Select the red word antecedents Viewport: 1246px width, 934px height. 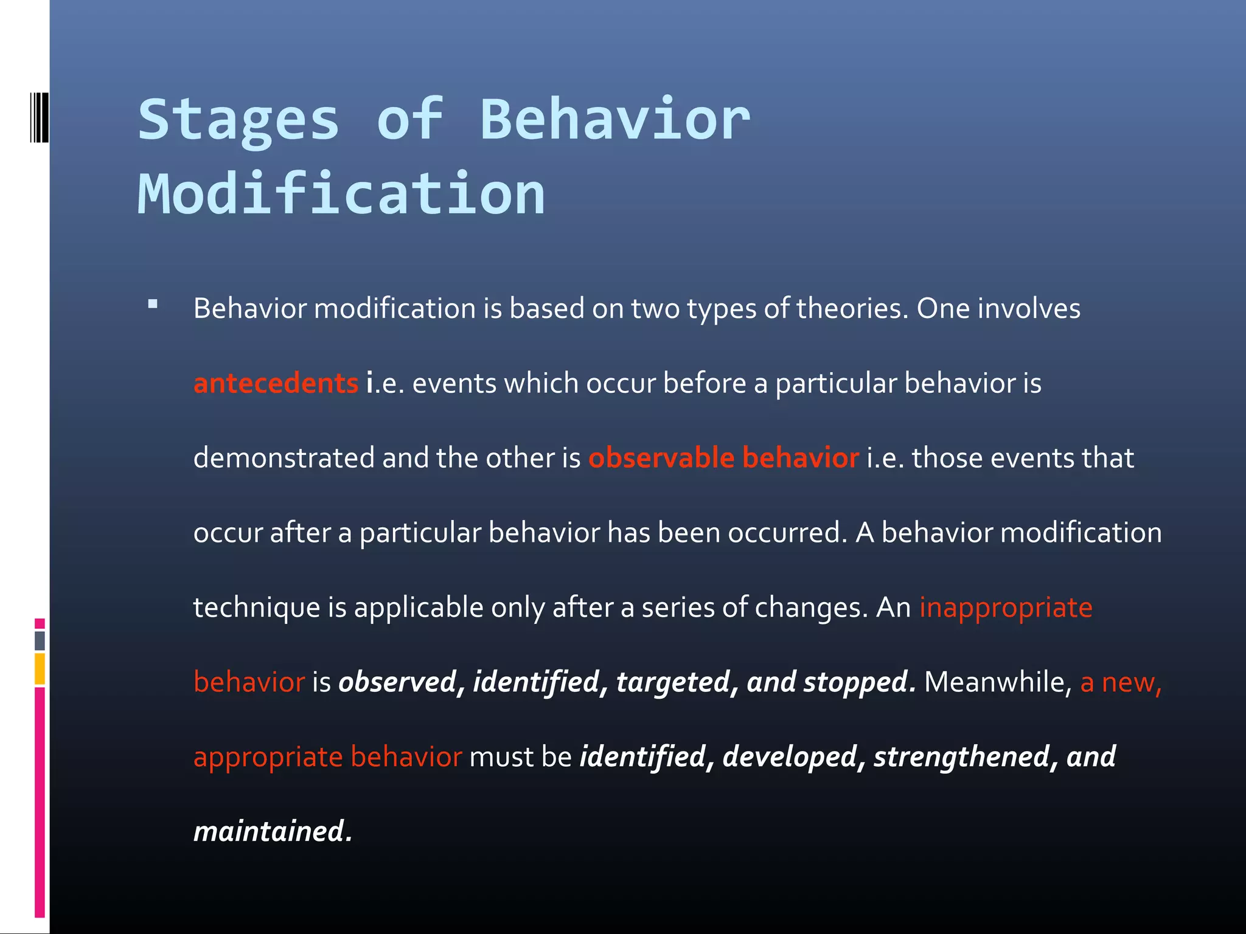click(276, 384)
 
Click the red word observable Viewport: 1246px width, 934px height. click(661, 458)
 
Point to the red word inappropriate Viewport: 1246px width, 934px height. click(1006, 607)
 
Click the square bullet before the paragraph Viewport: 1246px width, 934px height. click(153, 304)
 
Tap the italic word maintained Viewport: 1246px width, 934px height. click(270, 831)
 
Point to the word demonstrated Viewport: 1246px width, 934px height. click(284, 458)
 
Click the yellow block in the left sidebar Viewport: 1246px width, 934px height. click(40, 668)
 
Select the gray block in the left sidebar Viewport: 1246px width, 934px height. click(40, 640)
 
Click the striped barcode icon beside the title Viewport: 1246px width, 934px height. click(39, 117)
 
